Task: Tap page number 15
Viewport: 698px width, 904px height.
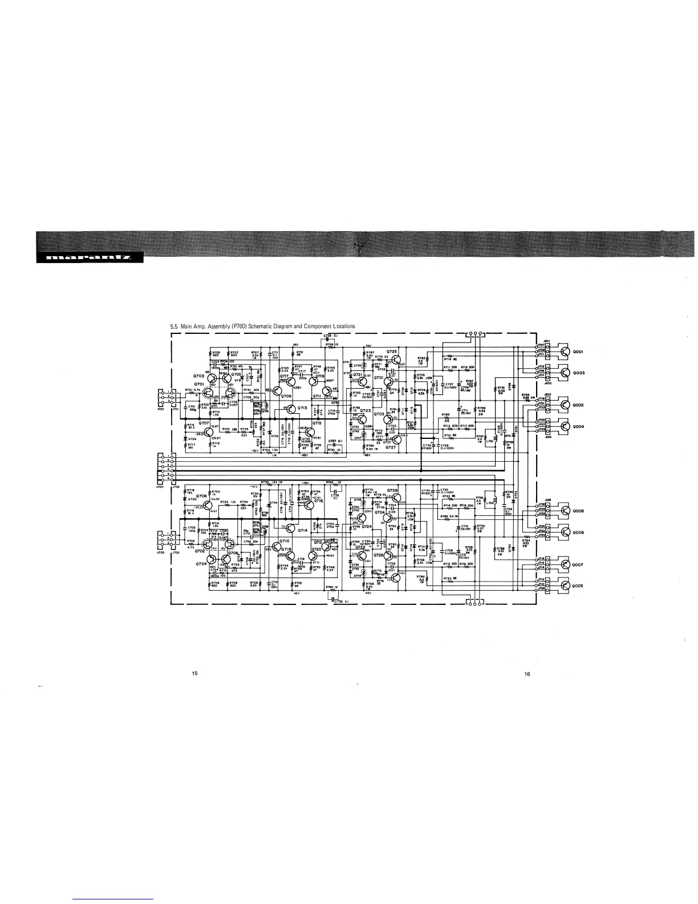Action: [x=194, y=674]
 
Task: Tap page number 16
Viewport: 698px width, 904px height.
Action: [x=527, y=674]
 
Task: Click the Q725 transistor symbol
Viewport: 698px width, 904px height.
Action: [x=396, y=359]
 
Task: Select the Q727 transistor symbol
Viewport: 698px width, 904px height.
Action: [x=396, y=439]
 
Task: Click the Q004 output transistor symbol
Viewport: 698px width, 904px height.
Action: [x=565, y=426]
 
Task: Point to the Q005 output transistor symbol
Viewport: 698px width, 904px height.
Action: [x=565, y=586]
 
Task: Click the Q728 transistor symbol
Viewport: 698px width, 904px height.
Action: [x=397, y=498]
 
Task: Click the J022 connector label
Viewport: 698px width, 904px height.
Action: [x=161, y=409]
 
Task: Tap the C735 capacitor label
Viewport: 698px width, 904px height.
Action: [x=327, y=335]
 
